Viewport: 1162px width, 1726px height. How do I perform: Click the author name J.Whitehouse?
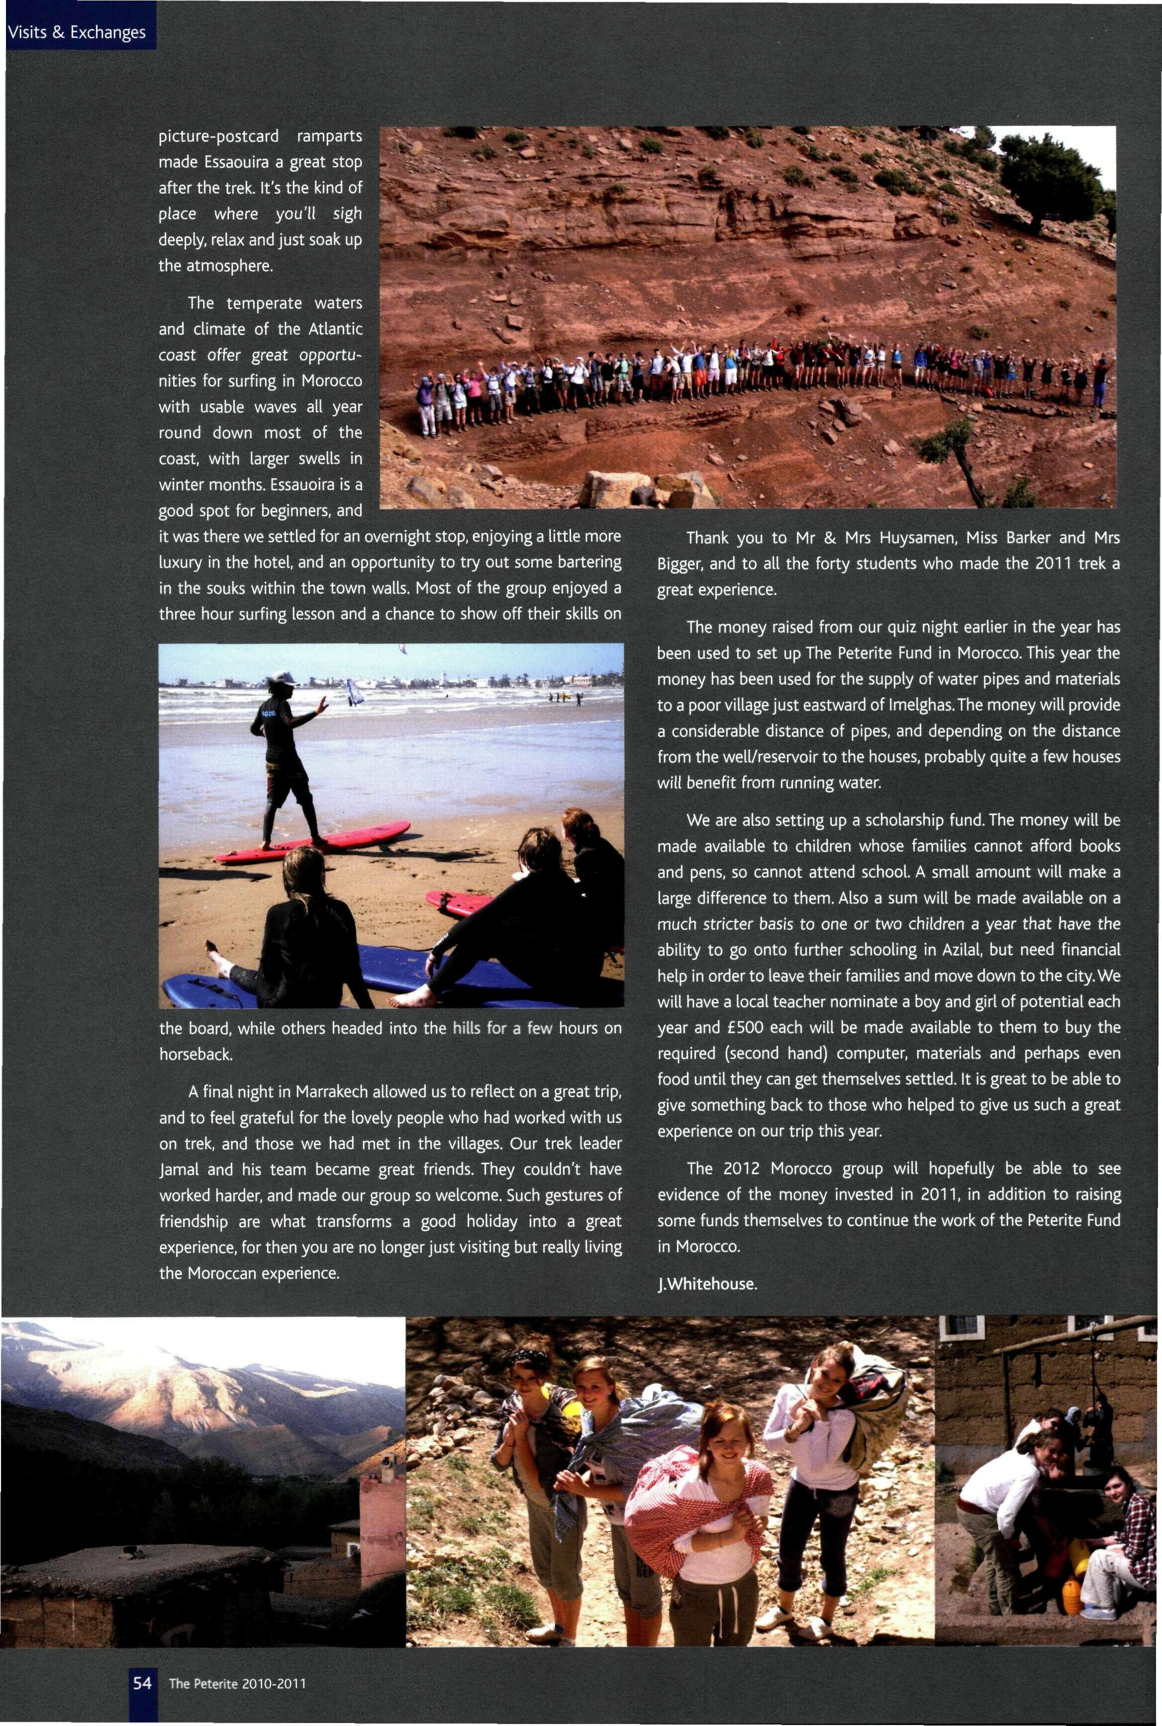(707, 1284)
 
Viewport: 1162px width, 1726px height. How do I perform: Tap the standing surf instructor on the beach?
(286, 755)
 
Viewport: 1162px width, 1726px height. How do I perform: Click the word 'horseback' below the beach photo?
(195, 1053)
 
